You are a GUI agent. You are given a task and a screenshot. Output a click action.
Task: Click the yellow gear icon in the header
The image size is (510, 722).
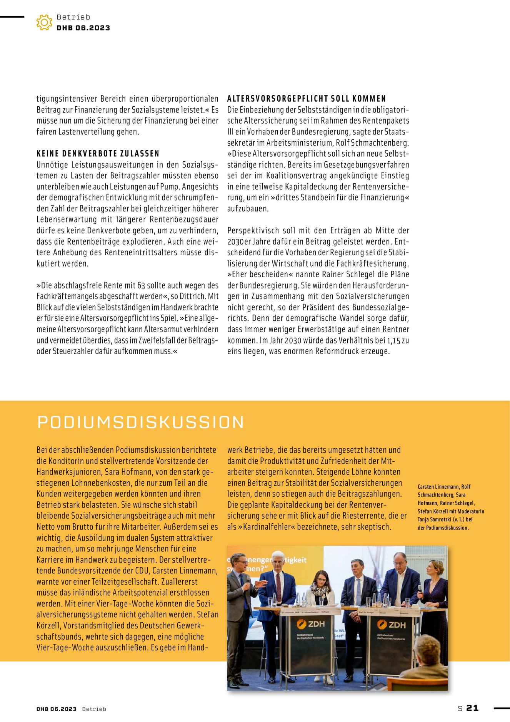coord(44,22)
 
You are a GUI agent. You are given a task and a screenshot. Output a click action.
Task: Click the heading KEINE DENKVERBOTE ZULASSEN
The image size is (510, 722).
coord(98,154)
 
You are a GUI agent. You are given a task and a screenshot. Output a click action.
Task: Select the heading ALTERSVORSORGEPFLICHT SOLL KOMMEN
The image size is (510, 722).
coord(307,99)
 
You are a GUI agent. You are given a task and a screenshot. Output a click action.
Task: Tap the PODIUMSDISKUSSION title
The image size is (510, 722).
coord(140,422)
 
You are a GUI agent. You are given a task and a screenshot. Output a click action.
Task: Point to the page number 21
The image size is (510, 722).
coord(472,708)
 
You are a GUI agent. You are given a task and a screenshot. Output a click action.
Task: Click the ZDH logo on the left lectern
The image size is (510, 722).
coord(311,624)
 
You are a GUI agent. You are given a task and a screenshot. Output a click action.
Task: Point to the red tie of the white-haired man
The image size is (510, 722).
coord(278,588)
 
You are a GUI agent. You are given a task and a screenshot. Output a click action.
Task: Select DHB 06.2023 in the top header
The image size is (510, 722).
coord(83,28)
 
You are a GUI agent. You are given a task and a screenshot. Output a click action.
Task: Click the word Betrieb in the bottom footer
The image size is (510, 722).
coord(94,709)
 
